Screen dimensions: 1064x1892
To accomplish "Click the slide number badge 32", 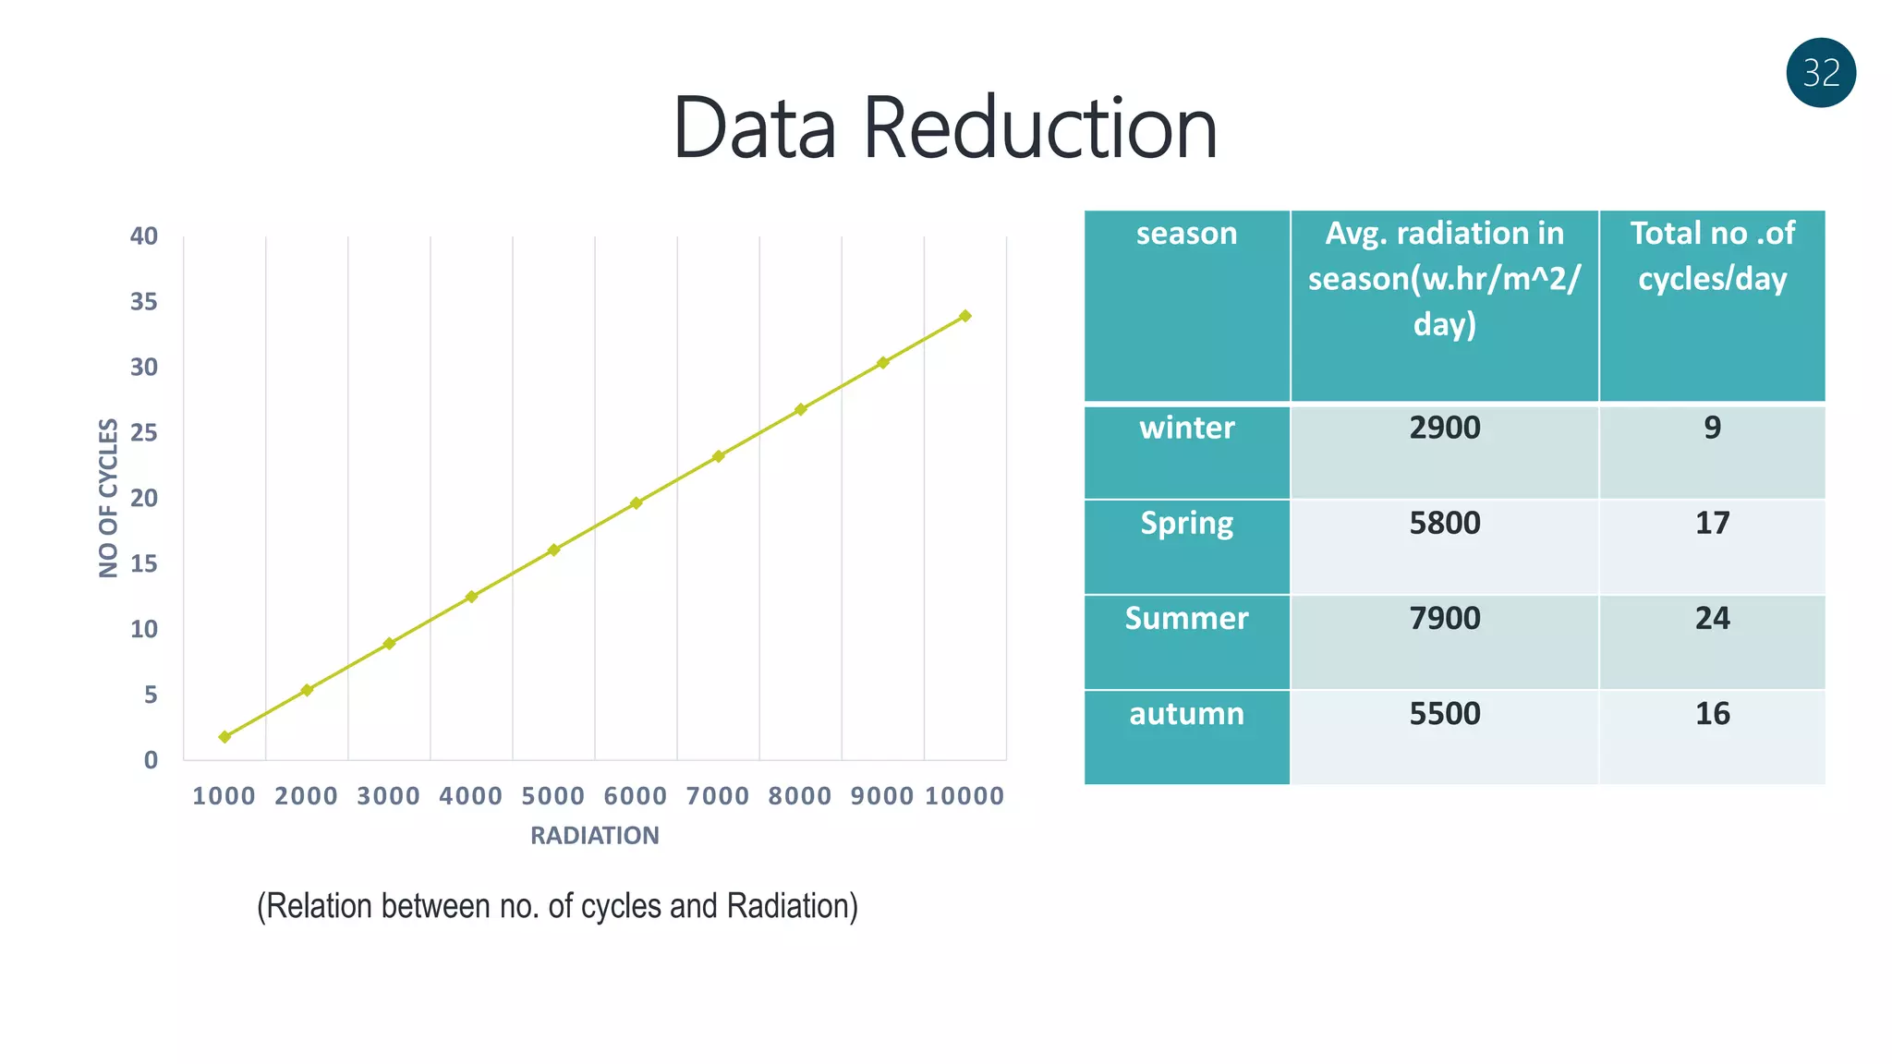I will (x=1821, y=73).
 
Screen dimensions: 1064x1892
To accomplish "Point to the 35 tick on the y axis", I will (x=144, y=302).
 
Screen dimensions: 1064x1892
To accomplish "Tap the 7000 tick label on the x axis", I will (x=718, y=796).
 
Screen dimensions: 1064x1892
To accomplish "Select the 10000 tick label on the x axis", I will (x=964, y=796).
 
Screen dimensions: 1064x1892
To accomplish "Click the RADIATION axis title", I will (x=595, y=836).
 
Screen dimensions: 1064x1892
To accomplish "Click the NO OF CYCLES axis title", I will (x=109, y=498).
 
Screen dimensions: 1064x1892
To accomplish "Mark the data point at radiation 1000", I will (x=224, y=737).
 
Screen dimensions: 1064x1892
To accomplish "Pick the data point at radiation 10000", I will (x=965, y=316).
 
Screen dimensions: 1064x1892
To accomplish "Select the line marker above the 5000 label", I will (x=553, y=550).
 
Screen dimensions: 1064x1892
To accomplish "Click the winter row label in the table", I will (x=1186, y=428).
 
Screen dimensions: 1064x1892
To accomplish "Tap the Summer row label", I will (x=1186, y=618).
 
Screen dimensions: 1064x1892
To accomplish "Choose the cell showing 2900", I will (x=1444, y=428).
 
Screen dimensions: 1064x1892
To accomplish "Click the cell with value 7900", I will (x=1444, y=618).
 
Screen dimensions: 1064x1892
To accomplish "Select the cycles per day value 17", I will (x=1712, y=523).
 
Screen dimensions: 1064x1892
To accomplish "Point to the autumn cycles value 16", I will (x=1712, y=713).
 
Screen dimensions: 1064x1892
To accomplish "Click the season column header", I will (x=1186, y=234).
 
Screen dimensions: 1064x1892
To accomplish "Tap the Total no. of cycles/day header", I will (x=1712, y=256).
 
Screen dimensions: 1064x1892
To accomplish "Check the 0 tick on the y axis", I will (x=151, y=760).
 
